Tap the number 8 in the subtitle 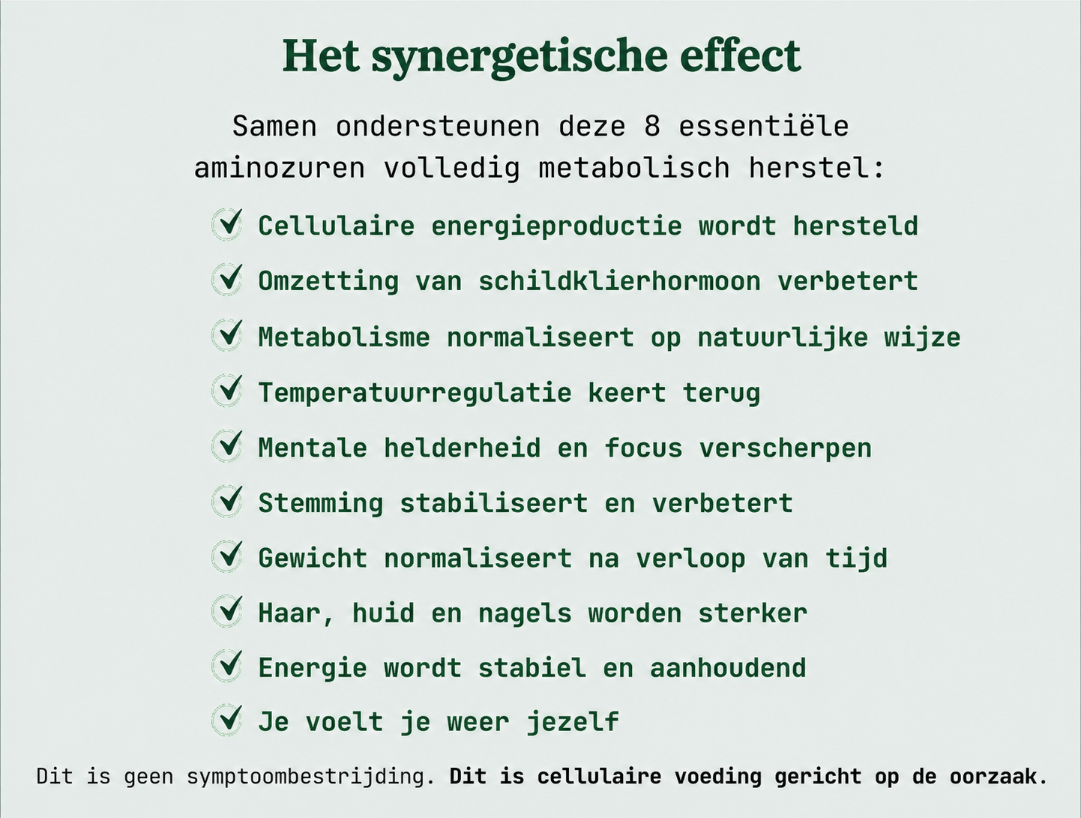click(x=652, y=127)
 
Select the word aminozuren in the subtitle click(x=279, y=168)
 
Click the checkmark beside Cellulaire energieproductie click(x=228, y=223)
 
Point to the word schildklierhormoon click(x=619, y=281)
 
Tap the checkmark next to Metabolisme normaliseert click(x=228, y=334)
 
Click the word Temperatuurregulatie click(x=415, y=393)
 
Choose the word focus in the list click(x=644, y=448)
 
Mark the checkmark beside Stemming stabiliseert click(x=228, y=500)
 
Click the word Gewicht click(x=313, y=559)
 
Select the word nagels click(x=525, y=614)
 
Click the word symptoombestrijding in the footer click(x=311, y=777)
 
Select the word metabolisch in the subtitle click(x=633, y=168)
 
